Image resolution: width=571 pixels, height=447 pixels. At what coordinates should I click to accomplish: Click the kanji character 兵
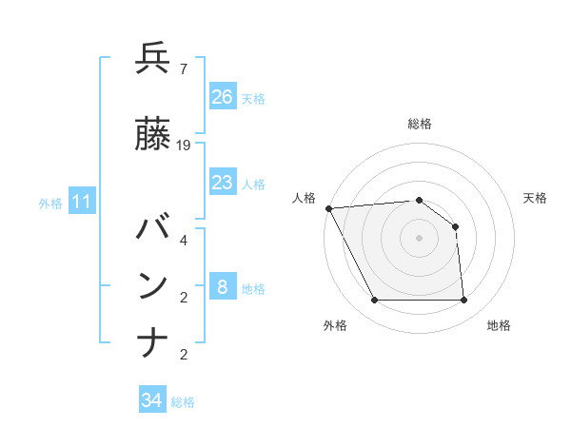click(x=153, y=59)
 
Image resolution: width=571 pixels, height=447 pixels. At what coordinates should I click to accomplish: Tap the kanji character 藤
click(x=153, y=135)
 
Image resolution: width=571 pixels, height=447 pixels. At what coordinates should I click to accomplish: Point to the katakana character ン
click(x=153, y=286)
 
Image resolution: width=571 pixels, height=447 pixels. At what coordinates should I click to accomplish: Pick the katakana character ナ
click(x=153, y=343)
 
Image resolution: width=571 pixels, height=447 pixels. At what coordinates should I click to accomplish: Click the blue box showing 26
click(x=223, y=96)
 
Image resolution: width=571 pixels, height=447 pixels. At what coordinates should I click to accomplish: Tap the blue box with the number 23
click(x=223, y=183)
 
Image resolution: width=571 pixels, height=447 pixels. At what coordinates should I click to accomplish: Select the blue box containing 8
click(x=223, y=287)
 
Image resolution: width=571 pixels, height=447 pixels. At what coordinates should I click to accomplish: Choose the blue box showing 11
click(x=81, y=202)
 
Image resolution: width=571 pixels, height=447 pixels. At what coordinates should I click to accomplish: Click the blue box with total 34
click(x=152, y=400)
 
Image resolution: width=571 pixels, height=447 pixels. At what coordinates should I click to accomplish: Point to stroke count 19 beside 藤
click(x=184, y=146)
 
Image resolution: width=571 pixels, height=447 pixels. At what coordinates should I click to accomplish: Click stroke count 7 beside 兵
click(x=183, y=69)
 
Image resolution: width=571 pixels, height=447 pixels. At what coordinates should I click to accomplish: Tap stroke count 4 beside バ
click(x=183, y=241)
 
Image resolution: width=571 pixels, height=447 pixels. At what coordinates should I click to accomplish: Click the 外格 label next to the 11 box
click(x=50, y=203)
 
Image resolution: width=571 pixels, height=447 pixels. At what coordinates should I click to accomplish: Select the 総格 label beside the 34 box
click(x=183, y=402)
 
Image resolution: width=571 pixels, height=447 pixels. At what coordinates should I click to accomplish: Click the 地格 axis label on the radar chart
click(x=499, y=325)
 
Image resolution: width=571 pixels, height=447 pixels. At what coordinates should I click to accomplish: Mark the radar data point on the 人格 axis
click(x=328, y=208)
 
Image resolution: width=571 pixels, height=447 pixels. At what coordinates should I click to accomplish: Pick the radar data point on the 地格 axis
click(x=463, y=301)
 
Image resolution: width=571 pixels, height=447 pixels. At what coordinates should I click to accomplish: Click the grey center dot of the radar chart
click(x=419, y=238)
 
